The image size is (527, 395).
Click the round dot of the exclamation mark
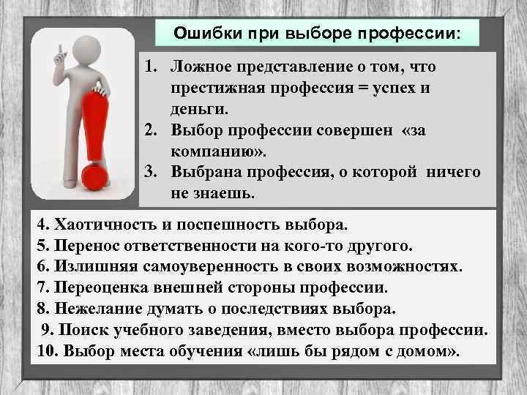[94, 177]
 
